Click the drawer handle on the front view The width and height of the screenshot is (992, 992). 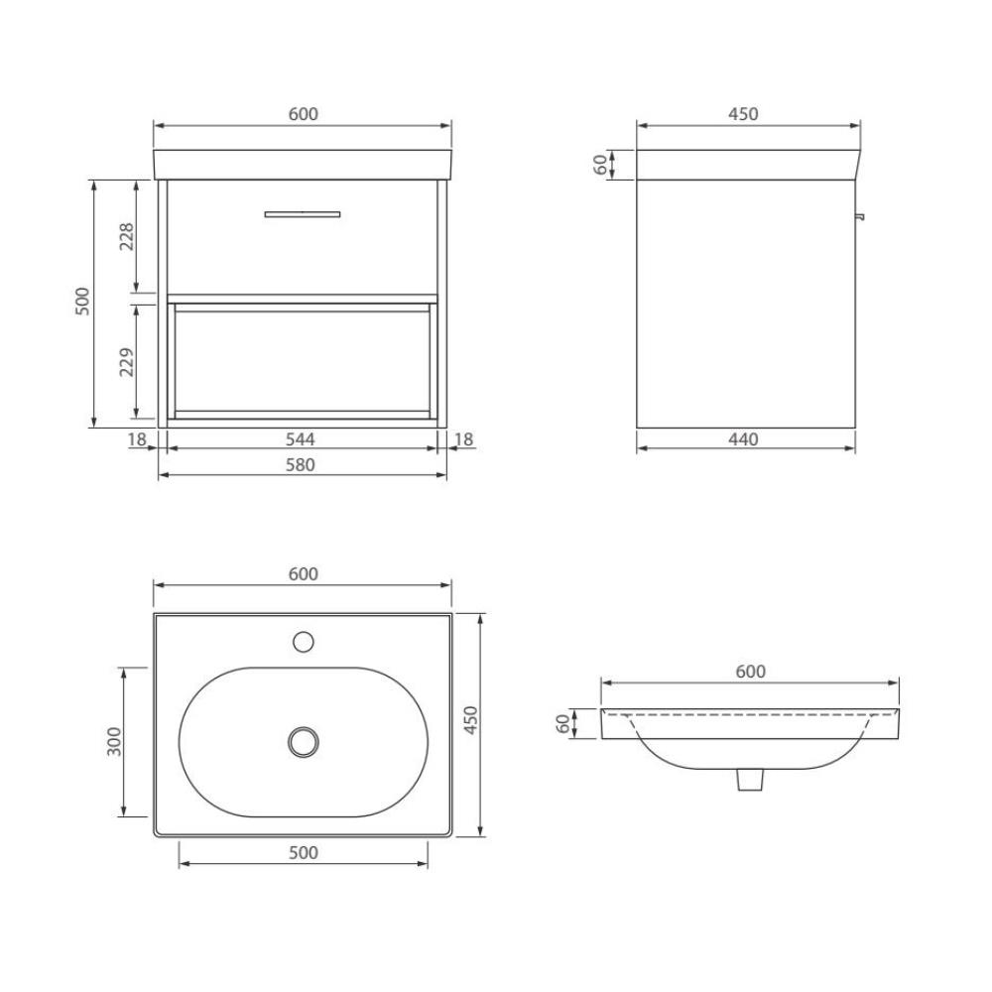tap(303, 213)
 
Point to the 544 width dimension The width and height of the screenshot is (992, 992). tap(303, 437)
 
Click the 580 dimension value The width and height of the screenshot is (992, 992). tap(303, 464)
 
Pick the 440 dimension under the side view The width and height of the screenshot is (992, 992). tap(743, 437)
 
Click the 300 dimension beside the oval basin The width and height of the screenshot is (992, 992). tap(113, 741)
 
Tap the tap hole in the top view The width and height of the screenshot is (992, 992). tap(304, 641)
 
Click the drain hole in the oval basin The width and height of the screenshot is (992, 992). tap(304, 740)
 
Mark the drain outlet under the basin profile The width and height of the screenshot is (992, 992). tap(750, 782)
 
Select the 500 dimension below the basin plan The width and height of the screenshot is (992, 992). tap(303, 853)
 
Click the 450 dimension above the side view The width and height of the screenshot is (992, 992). tap(743, 114)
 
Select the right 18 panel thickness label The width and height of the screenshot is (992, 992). tap(463, 437)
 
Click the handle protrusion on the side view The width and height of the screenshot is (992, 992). tap(860, 215)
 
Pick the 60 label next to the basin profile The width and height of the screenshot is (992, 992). tap(564, 724)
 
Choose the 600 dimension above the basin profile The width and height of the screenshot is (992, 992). tap(750, 672)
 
